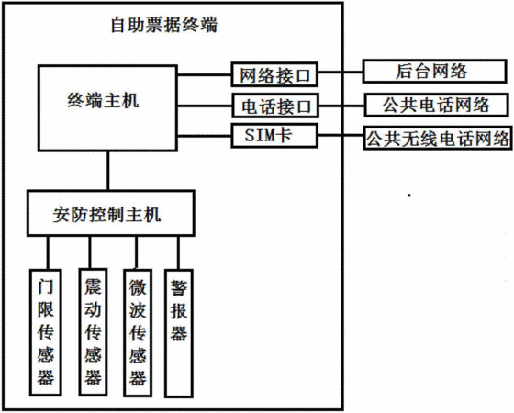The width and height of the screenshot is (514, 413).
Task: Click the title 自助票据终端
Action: (x=164, y=25)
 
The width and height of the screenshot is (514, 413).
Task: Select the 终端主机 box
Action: (x=107, y=108)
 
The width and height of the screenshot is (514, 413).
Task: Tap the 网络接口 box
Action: (x=274, y=74)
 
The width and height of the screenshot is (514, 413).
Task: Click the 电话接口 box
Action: (x=275, y=106)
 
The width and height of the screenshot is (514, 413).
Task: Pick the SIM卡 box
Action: (x=274, y=136)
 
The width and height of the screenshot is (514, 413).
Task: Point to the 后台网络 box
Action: (x=434, y=72)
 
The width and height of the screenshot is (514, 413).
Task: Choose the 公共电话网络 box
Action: (x=436, y=106)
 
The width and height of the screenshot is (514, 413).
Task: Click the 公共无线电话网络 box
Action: (x=438, y=138)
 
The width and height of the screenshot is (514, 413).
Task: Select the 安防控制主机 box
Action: (x=111, y=213)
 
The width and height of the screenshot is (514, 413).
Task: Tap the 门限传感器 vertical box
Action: (x=46, y=332)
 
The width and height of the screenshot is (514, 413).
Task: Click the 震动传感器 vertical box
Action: (x=93, y=332)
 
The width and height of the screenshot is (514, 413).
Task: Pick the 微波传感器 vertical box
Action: (x=138, y=332)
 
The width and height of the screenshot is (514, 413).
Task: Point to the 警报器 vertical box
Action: (x=179, y=333)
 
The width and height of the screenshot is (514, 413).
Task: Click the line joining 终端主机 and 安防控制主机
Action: (x=107, y=171)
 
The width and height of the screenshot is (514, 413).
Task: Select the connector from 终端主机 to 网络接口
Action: (x=205, y=75)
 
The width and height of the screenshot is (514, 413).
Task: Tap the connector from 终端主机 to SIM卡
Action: (x=205, y=136)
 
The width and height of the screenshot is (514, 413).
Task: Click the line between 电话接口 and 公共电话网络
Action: (x=341, y=106)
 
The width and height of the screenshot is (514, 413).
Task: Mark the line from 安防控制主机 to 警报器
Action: (x=178, y=252)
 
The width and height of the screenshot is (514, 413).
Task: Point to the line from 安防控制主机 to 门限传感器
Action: (x=48, y=252)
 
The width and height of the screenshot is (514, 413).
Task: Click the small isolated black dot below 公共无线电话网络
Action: (x=409, y=195)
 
